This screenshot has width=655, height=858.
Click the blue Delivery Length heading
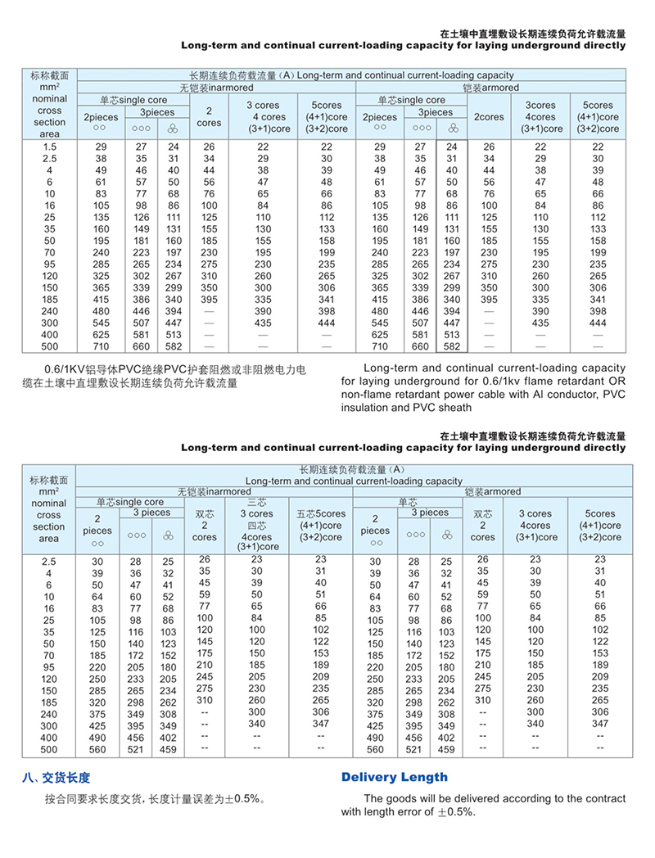394,777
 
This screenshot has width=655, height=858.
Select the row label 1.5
49,146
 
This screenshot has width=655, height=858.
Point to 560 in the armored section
375,749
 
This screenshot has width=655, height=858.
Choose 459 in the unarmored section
168,749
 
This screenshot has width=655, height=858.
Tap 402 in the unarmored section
168,737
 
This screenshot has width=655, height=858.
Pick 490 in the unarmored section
98,737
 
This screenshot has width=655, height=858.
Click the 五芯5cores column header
321,513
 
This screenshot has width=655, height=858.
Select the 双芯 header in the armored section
483,513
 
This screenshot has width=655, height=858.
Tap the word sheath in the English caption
454,407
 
